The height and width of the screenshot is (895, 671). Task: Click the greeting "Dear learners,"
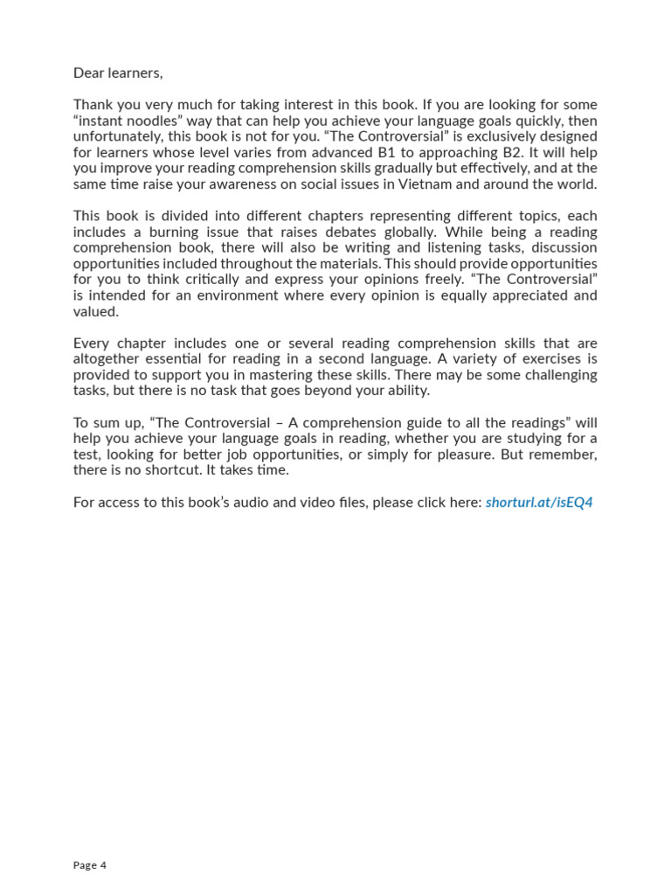point(118,73)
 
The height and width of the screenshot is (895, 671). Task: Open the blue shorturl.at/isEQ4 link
point(539,503)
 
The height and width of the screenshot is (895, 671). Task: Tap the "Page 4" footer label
point(90,865)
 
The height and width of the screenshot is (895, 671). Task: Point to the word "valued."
point(96,311)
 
